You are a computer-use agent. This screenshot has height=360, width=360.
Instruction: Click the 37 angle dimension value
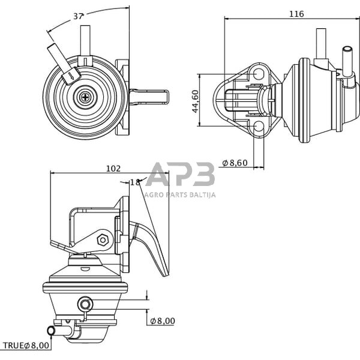[78, 16]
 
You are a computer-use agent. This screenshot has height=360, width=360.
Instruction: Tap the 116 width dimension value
[296, 14]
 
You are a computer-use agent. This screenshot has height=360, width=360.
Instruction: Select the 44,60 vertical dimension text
[195, 100]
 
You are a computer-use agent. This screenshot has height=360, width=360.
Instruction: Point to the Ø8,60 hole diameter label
[235, 163]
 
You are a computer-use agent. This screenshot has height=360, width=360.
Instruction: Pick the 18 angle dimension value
[135, 182]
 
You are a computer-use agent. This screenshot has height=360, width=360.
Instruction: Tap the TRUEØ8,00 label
[27, 345]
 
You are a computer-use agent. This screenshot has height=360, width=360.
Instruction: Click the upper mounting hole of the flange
[259, 74]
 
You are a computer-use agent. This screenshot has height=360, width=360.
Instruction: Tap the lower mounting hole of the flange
[259, 126]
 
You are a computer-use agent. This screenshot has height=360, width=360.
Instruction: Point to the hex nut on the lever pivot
[103, 239]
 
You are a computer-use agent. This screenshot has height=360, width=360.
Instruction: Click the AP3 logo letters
[180, 175]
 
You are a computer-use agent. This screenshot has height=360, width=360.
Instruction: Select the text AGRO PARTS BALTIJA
[181, 194]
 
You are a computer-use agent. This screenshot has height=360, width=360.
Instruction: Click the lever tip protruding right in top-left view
[153, 96]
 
